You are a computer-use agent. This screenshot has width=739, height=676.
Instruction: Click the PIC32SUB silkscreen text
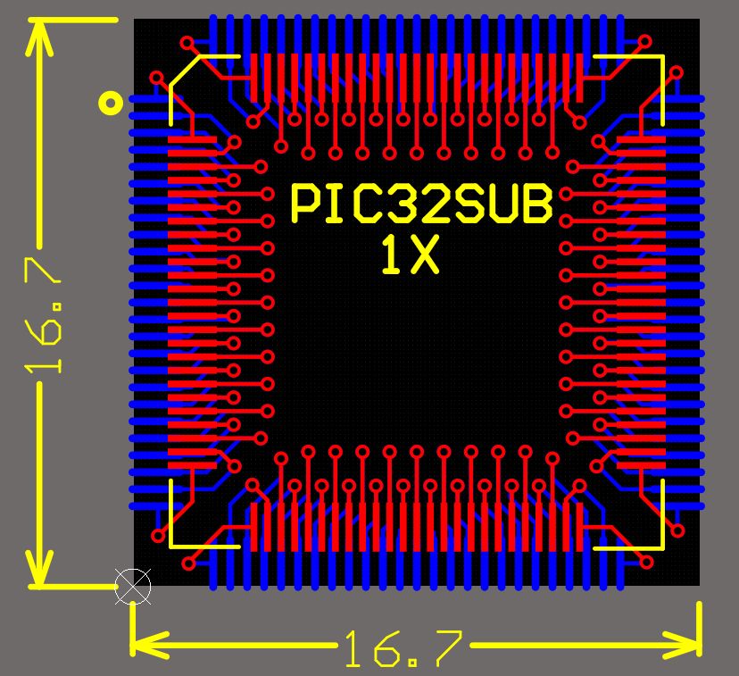[x=422, y=204]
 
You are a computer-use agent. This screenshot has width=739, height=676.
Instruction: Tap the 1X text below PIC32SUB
[x=410, y=255]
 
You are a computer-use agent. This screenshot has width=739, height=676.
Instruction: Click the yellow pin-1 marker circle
[x=111, y=103]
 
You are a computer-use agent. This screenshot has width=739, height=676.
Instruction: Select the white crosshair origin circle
[x=133, y=587]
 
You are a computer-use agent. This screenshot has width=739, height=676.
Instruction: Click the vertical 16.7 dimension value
[x=44, y=315]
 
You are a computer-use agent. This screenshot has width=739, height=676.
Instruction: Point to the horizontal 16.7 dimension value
[x=404, y=649]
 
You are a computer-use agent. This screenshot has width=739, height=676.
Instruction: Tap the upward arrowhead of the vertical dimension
[x=39, y=38]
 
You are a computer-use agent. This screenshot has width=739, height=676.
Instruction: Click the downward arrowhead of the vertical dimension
[x=39, y=568]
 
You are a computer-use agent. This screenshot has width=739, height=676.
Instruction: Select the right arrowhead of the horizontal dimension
[x=682, y=645]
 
